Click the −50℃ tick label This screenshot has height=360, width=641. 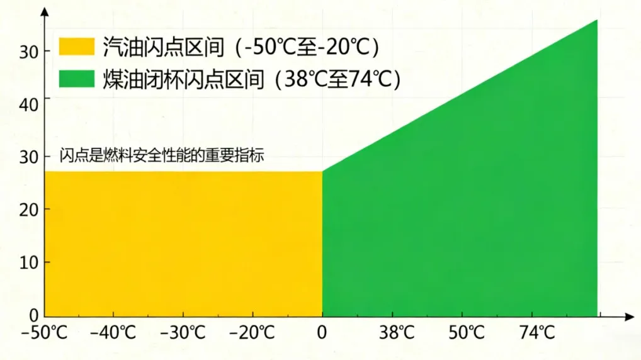pos(44,332)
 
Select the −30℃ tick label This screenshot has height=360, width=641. pos(183,332)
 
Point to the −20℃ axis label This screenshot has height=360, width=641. pos(252,332)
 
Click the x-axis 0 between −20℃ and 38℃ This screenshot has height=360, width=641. pos(322,332)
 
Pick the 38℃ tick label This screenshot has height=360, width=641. pos(394,332)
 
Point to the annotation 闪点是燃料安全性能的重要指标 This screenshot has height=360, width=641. pos(161,155)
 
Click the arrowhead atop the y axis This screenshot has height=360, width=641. pos(45,12)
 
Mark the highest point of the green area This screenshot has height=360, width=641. pos(596,21)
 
